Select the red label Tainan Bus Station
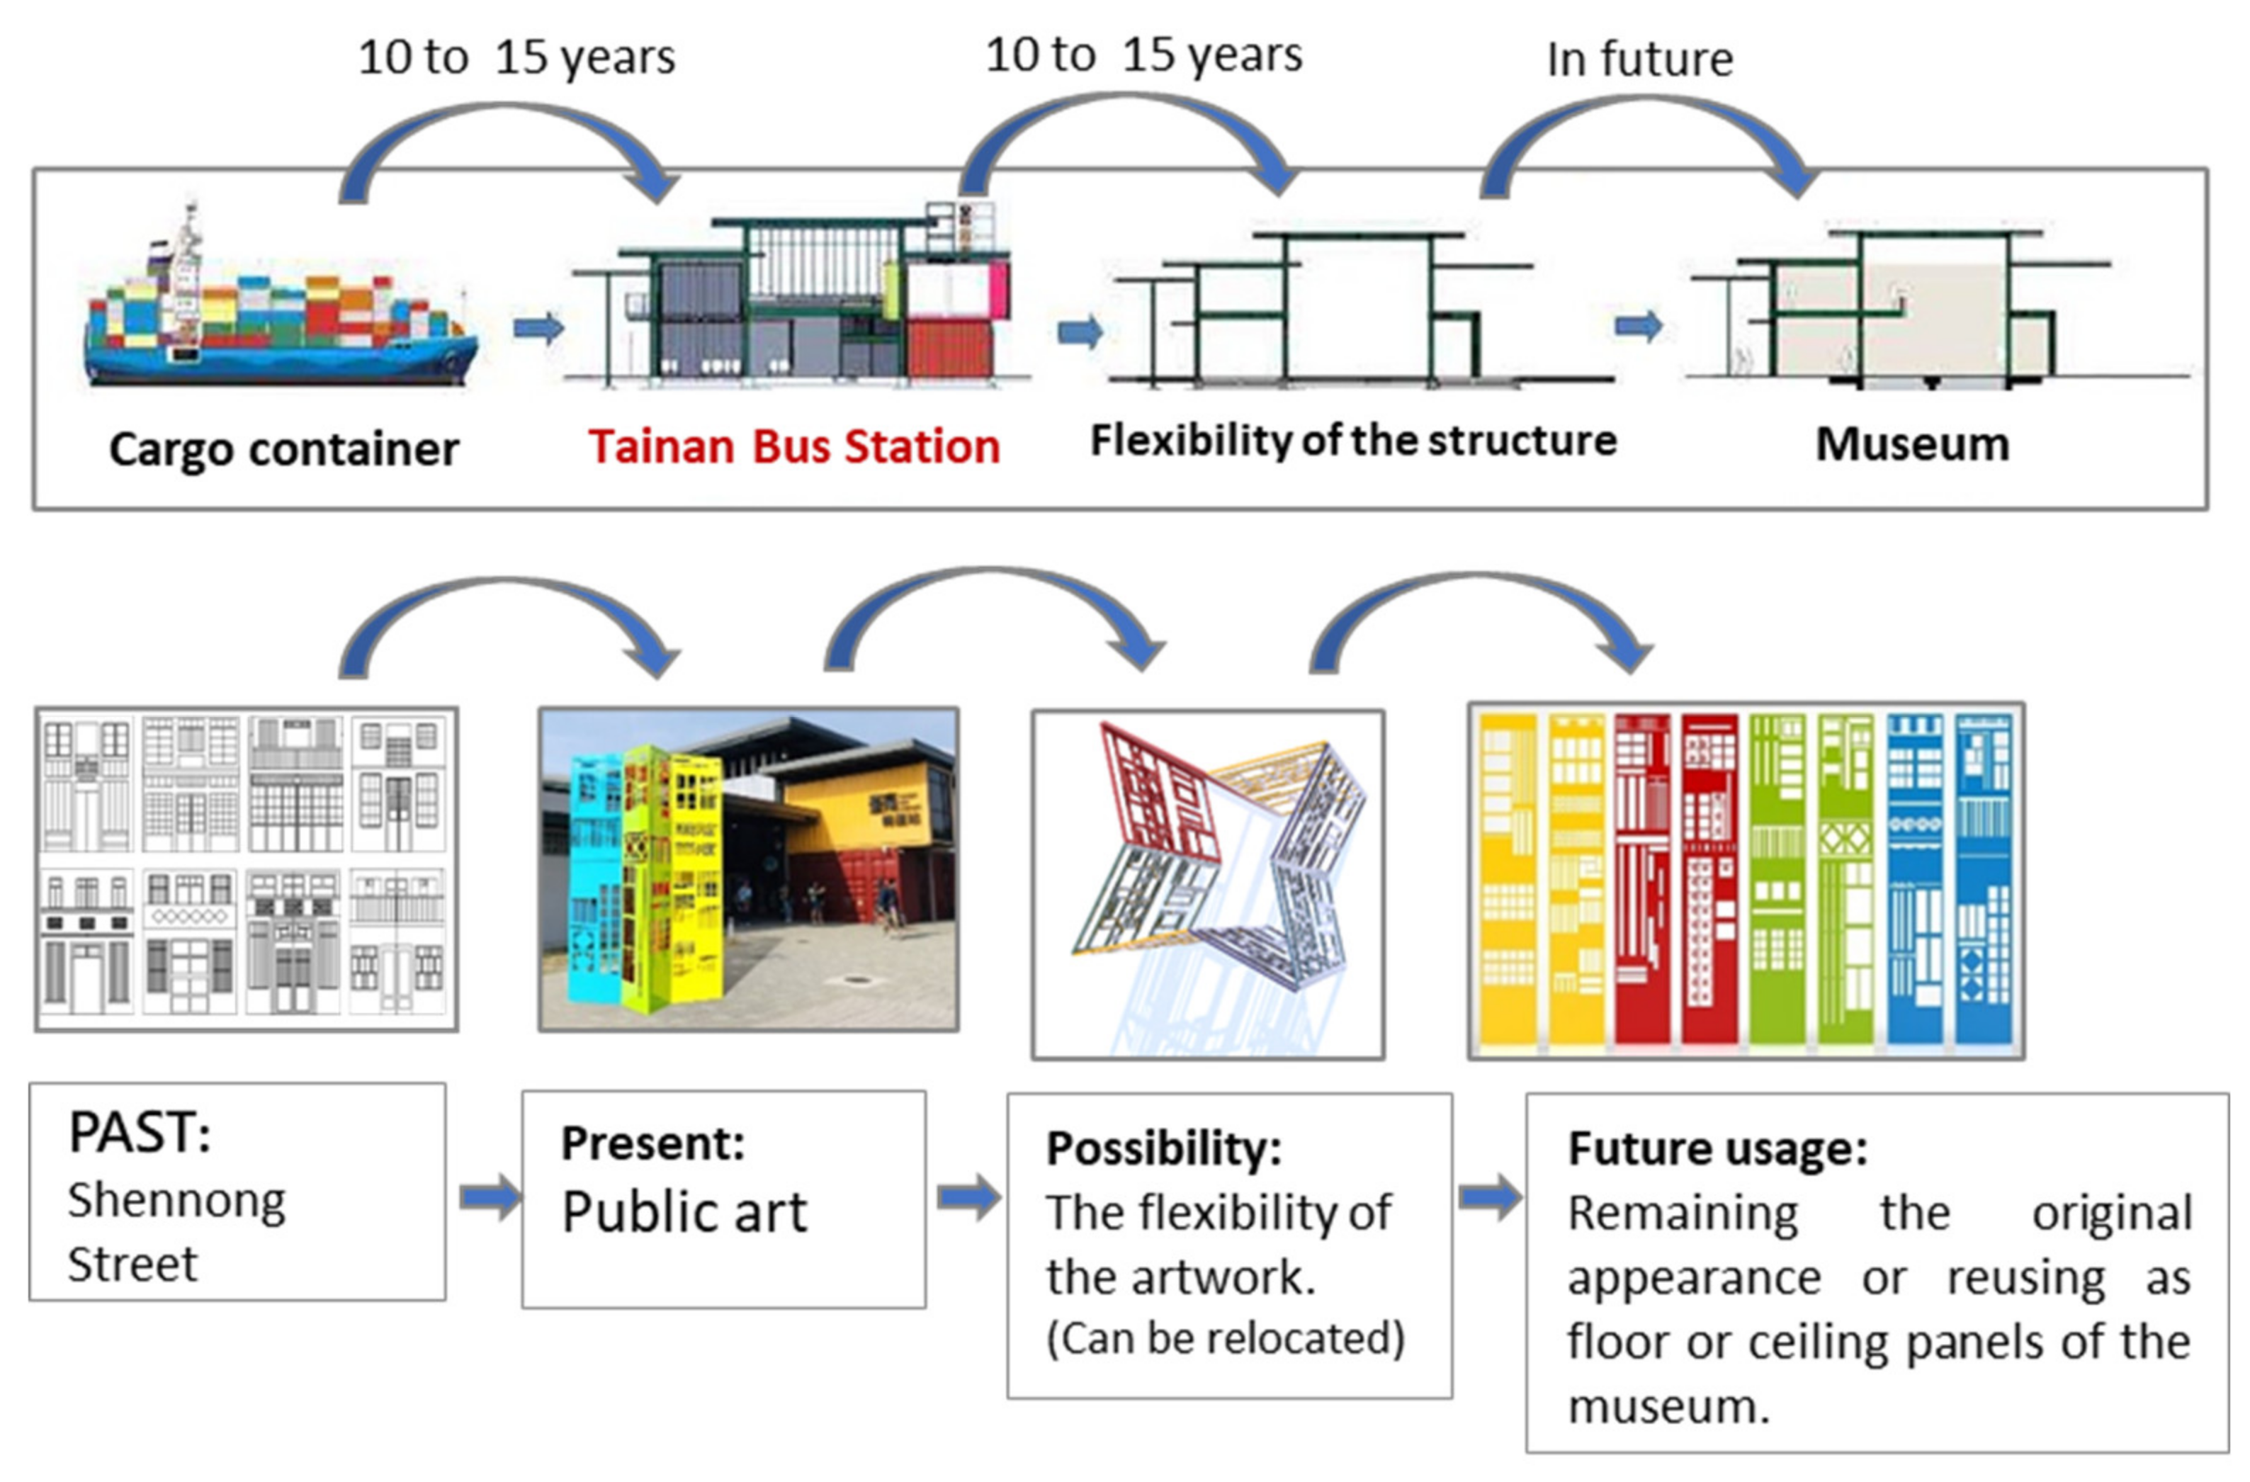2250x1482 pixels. [x=794, y=446]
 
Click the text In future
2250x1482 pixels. [x=1640, y=59]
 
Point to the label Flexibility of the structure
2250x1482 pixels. [x=1354, y=441]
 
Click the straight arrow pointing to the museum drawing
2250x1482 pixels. [x=1639, y=326]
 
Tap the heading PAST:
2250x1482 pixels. [x=140, y=1132]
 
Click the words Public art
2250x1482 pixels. [x=684, y=1211]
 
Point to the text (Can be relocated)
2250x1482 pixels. [x=1225, y=1337]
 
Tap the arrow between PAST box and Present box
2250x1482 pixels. [x=490, y=1197]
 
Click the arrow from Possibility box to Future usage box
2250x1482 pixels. [x=1490, y=1197]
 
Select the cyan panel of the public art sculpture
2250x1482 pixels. [x=596, y=879]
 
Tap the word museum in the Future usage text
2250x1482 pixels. [x=1668, y=1406]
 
